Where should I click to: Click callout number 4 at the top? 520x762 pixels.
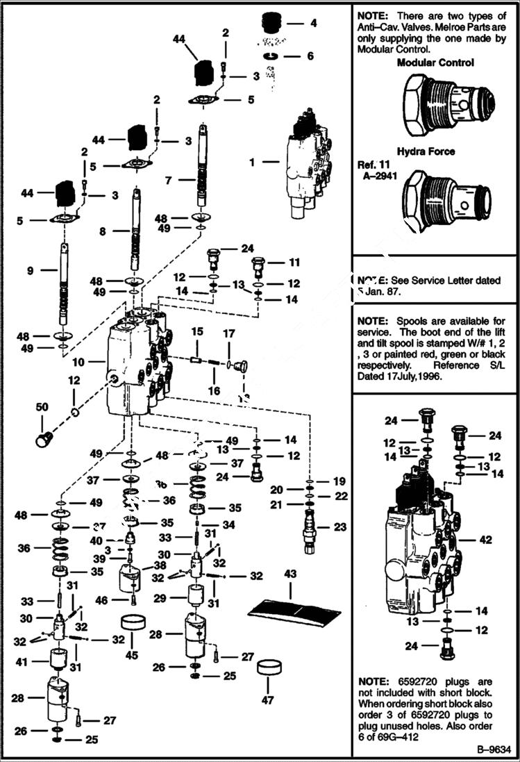point(313,23)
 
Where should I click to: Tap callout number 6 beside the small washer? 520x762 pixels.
point(310,56)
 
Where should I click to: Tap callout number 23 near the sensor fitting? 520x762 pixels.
point(339,527)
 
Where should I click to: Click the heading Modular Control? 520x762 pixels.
point(435,63)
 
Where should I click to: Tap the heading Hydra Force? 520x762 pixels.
point(435,151)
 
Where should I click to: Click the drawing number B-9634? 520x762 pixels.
point(493,749)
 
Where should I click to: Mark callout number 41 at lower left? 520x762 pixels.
point(22,661)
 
